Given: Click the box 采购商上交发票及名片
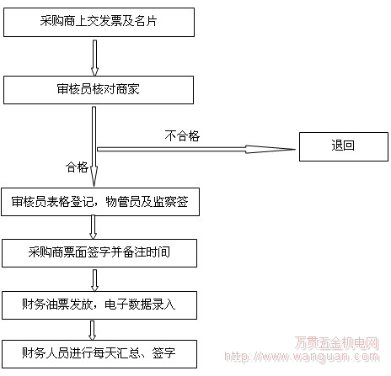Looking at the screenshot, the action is pyautogui.click(x=99, y=22).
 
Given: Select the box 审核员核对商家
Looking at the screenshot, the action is pyautogui.click(x=99, y=90).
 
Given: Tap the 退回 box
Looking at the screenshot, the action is pyautogui.click(x=344, y=146).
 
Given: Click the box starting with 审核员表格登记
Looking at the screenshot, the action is pyautogui.click(x=100, y=202).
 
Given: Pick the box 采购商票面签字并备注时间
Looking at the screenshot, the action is pyautogui.click(x=99, y=253).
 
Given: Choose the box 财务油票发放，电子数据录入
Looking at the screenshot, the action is pyautogui.click(x=99, y=305).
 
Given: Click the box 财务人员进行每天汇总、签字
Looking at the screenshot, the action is pyautogui.click(x=99, y=354).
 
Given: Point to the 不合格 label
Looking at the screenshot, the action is pyautogui.click(x=182, y=136).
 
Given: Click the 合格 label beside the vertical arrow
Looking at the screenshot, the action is pyautogui.click(x=77, y=167).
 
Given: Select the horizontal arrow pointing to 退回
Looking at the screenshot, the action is pyautogui.click(x=196, y=149).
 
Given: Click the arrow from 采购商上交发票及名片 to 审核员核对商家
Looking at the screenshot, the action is pyautogui.click(x=95, y=58).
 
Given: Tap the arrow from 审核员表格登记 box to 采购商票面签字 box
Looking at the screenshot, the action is pyautogui.click(x=93, y=227).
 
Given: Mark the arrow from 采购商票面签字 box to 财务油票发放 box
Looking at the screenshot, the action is pyautogui.click(x=95, y=280).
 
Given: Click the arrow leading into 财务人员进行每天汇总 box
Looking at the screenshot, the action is pyautogui.click(x=92, y=331).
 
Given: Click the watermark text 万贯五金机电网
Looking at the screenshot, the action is pyautogui.click(x=337, y=342).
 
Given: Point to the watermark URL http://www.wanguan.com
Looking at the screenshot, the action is pyautogui.click(x=302, y=357).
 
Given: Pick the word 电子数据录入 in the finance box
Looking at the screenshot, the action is pyautogui.click(x=140, y=305).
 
